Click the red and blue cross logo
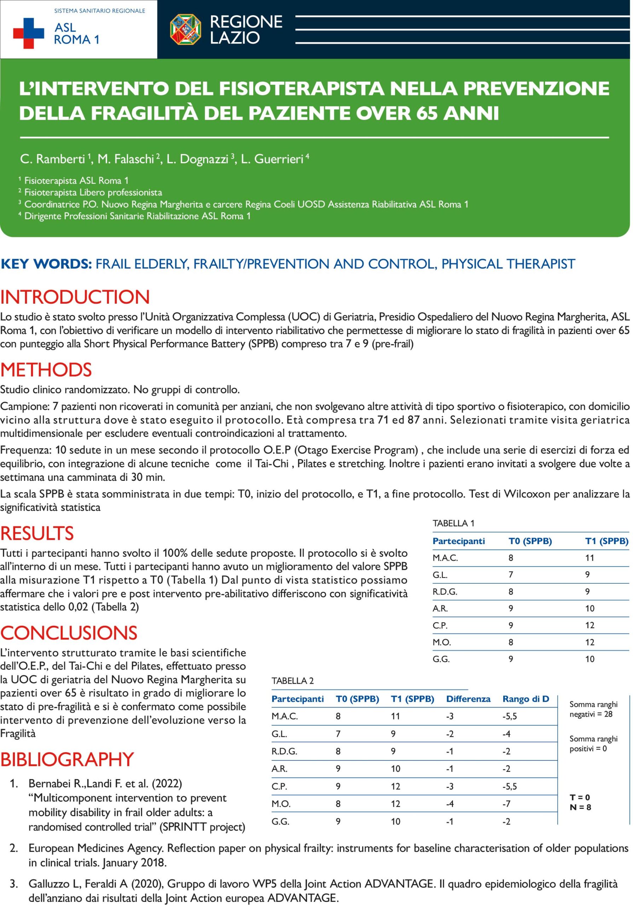(28, 33)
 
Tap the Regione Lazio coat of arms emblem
(185, 30)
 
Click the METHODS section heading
(46, 370)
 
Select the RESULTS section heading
(37, 533)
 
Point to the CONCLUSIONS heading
(69, 633)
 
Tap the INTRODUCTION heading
(75, 297)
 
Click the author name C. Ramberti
(52, 159)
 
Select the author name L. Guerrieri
(272, 159)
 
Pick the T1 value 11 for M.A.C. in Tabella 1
(589, 558)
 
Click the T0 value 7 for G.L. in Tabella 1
(511, 575)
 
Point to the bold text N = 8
(580, 807)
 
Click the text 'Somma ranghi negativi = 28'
(593, 709)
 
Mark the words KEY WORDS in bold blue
(46, 264)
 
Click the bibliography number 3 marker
(14, 884)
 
